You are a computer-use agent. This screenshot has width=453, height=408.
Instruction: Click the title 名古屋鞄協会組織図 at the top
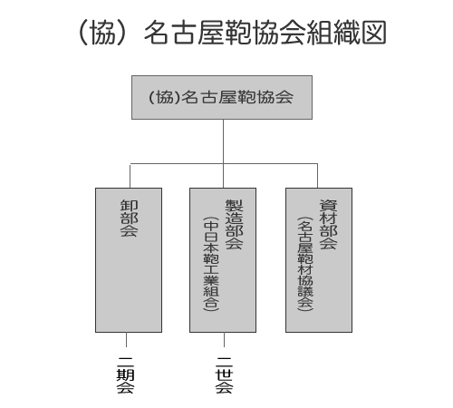[265, 33]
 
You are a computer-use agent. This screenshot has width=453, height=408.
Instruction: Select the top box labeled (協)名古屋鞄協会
[222, 97]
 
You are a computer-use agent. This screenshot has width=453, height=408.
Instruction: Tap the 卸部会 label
[130, 218]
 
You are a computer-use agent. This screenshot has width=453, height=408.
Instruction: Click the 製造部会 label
[235, 224]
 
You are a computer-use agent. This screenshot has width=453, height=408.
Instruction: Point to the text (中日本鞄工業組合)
[211, 264]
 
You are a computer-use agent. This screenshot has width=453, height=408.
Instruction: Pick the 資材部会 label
[328, 224]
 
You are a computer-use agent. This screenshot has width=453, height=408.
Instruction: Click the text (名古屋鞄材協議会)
[305, 264]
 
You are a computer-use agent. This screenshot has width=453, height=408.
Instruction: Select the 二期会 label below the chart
[126, 375]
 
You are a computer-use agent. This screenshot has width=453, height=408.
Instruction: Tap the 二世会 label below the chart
[224, 375]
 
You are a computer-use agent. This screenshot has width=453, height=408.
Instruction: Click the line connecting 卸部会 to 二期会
[126, 340]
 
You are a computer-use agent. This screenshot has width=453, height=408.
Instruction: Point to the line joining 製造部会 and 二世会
[224, 340]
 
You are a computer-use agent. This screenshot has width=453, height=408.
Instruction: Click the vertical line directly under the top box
[223, 141]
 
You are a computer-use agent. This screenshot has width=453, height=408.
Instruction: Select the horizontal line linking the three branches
[224, 164]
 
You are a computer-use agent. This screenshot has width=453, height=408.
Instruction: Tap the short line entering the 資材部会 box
[317, 176]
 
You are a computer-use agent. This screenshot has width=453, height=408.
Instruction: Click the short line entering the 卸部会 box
[130, 176]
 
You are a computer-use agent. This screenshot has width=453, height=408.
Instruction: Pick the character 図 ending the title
[374, 33]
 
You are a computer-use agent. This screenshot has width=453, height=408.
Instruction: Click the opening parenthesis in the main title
[83, 33]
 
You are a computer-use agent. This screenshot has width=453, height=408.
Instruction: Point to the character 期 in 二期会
[126, 375]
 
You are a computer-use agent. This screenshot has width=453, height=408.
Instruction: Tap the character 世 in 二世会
[224, 375]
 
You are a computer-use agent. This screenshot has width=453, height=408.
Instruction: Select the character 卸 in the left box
[130, 206]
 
